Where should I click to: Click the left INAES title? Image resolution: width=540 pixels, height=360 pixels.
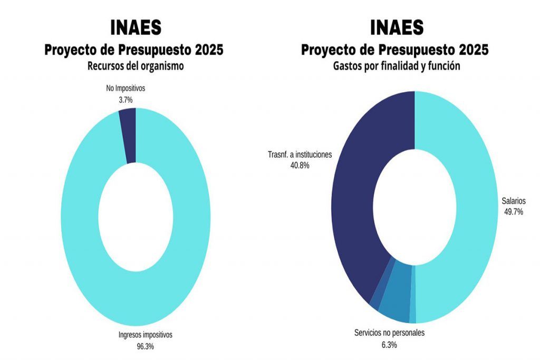[136, 27]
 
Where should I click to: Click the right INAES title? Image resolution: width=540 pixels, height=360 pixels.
[397, 27]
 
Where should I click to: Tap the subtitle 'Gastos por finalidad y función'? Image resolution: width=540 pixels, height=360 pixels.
[397, 66]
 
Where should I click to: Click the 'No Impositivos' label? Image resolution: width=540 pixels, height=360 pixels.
[126, 88]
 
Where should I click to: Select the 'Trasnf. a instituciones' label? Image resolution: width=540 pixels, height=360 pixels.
[300, 155]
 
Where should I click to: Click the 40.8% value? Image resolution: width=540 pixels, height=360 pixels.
[299, 166]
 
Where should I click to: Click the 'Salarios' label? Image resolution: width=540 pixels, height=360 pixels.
[514, 201]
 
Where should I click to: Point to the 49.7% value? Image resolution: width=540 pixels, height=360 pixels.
[514, 211]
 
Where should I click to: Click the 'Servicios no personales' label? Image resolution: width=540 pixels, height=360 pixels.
[389, 333]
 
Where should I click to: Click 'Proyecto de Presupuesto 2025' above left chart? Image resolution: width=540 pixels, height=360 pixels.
[134, 50]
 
